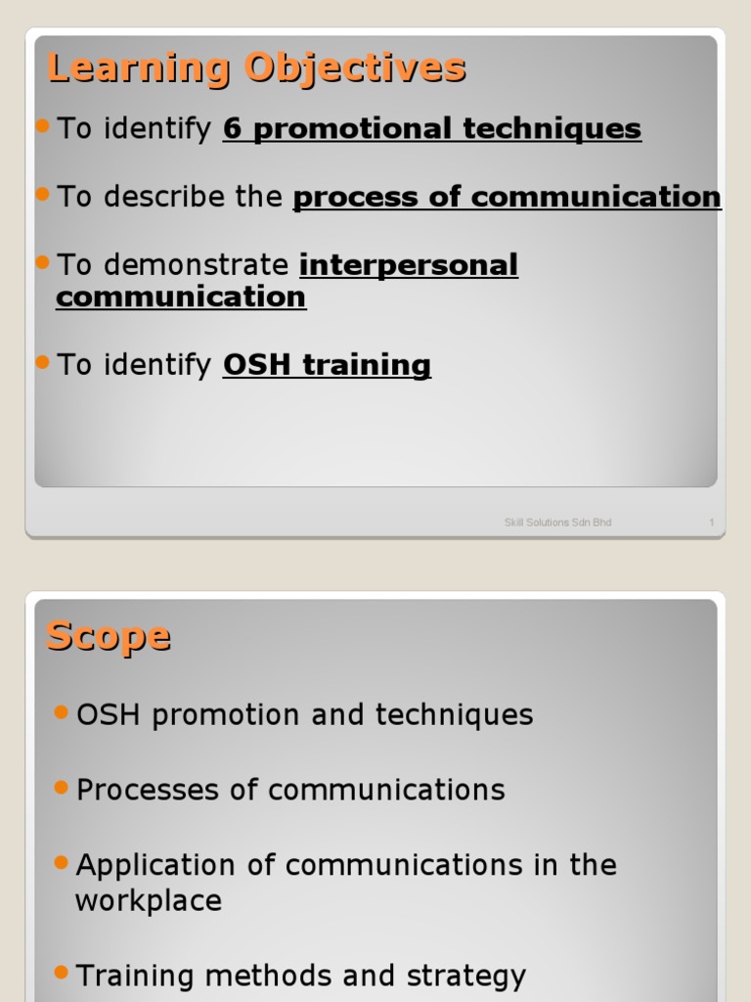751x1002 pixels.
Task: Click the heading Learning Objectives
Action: [256, 69]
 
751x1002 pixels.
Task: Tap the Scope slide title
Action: [108, 637]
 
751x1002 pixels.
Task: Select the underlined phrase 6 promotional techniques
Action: [432, 128]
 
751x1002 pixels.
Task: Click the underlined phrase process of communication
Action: [507, 197]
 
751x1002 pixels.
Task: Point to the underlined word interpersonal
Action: [408, 265]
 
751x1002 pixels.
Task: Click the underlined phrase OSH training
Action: [327, 365]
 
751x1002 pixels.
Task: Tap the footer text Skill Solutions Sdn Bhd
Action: [557, 523]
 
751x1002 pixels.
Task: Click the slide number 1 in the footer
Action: [712, 523]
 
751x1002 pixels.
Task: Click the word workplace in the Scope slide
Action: [149, 900]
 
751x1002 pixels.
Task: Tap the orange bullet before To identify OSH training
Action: [42, 361]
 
